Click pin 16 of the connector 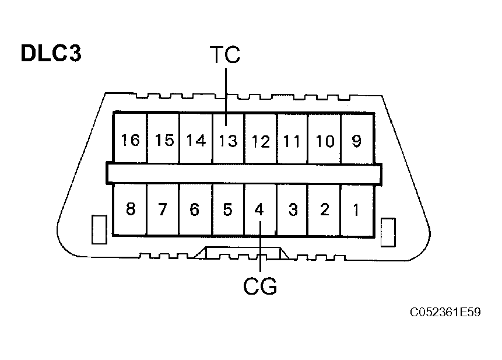[131, 140]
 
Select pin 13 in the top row [228, 141]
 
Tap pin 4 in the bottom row [260, 209]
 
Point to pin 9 [357, 141]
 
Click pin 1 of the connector [356, 209]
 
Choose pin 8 [131, 209]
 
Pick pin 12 [261, 141]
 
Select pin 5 [227, 209]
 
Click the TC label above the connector [225, 55]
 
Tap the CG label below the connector [259, 286]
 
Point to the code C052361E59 [445, 312]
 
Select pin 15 [164, 141]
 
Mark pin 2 [325, 209]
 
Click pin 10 [325, 141]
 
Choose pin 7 [163, 209]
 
